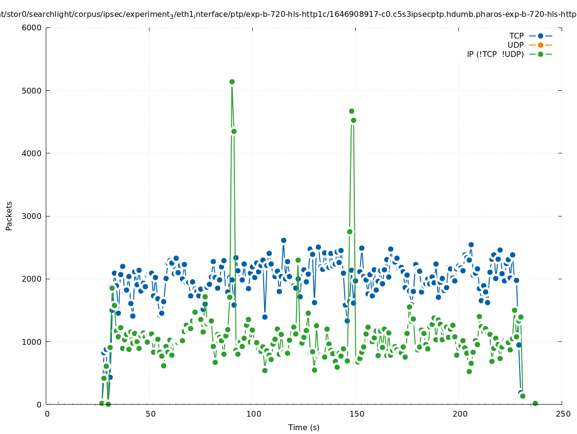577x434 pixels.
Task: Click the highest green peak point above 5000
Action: click(232, 82)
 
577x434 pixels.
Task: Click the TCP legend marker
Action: click(540, 36)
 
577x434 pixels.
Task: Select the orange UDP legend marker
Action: click(540, 45)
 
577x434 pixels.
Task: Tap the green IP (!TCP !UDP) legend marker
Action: click(540, 54)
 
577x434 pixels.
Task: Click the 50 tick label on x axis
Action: click(150, 414)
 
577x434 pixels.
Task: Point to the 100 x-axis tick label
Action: click(254, 414)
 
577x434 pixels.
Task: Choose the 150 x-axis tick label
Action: click(357, 414)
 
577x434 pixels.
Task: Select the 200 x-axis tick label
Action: click(460, 414)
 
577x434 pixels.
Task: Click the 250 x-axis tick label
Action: click(563, 414)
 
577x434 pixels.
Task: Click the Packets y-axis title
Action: click(9, 216)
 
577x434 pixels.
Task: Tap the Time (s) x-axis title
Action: click(304, 428)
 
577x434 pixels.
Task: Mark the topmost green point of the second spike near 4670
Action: click(351, 111)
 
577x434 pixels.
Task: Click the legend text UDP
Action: click(515, 45)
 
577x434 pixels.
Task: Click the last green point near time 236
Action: click(535, 404)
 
